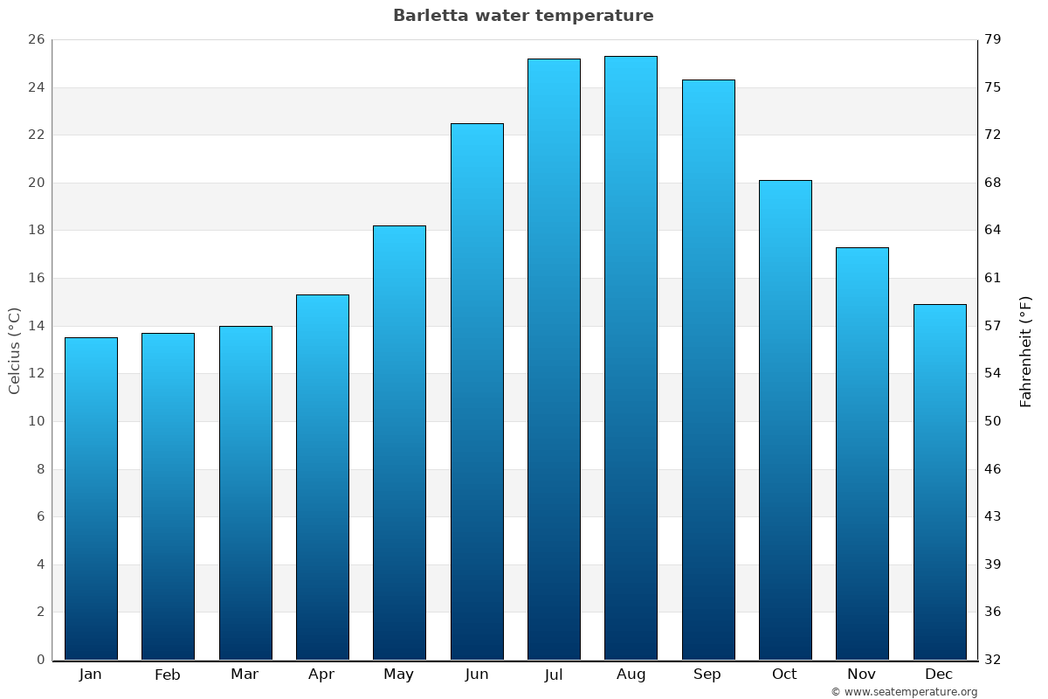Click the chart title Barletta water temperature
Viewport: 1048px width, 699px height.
pos(523,16)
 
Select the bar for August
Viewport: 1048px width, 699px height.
pos(631,358)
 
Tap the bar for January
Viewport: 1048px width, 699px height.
pos(91,498)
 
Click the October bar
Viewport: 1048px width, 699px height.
pos(785,419)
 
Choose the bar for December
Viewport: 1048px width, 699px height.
pos(940,481)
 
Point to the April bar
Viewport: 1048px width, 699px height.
pos(322,477)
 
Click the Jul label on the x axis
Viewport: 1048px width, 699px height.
pos(554,675)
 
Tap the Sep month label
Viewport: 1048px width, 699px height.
pos(707,675)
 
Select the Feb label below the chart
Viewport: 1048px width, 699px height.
pos(168,675)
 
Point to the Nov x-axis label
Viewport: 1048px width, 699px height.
pos(862,675)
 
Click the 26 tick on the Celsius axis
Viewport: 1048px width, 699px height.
pos(36,40)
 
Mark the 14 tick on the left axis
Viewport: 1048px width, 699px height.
pos(36,326)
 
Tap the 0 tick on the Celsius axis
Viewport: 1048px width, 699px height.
pos(40,660)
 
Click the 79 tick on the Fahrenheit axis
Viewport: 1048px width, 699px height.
pos(993,40)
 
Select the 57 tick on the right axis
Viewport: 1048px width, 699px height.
pos(993,326)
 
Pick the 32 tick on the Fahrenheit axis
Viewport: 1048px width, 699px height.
pos(993,660)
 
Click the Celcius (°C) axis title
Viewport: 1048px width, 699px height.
pos(14,350)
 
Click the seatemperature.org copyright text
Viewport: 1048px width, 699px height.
pos(904,692)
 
